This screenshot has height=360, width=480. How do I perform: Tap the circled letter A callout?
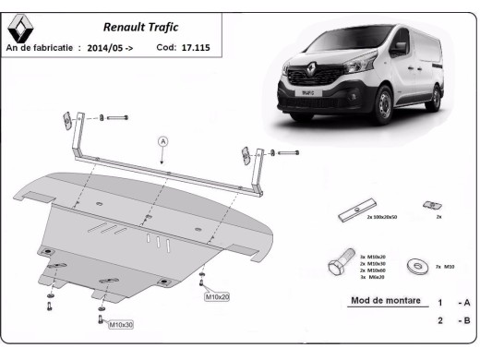click(x=162, y=141)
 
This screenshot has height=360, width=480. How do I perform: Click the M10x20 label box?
click(x=218, y=297)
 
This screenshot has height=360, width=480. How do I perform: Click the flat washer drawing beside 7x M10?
click(x=414, y=266)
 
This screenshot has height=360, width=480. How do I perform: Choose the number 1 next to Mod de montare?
click(x=439, y=303)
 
